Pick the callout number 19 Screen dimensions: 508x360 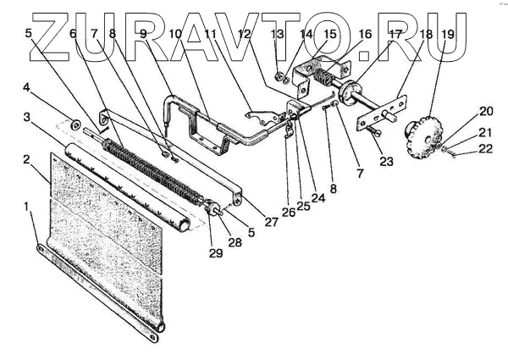tap(447, 34)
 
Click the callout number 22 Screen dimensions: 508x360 tap(484, 149)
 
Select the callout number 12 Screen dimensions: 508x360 tap(245, 34)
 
